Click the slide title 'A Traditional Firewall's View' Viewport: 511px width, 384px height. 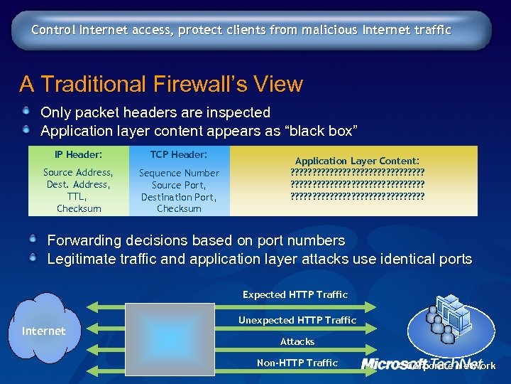(x=161, y=85)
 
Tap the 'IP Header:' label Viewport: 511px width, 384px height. (x=78, y=154)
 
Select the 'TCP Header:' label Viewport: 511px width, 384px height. (x=179, y=154)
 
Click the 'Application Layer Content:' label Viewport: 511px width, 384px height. (x=357, y=161)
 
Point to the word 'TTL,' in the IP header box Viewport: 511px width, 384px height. (x=78, y=197)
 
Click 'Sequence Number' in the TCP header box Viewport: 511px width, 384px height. (x=179, y=173)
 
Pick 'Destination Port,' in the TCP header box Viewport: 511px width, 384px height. (x=179, y=197)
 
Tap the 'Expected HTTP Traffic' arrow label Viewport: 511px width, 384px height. (x=295, y=294)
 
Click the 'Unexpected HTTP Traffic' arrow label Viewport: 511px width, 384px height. (x=297, y=320)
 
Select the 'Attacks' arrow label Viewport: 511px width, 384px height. (x=297, y=342)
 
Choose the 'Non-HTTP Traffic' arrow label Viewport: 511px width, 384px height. (x=297, y=363)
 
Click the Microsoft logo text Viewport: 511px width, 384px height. (x=395, y=364)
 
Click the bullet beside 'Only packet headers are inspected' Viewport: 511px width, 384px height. (x=26, y=111)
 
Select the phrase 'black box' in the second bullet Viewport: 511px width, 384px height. (x=324, y=131)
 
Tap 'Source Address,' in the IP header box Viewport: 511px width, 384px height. (x=78, y=173)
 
